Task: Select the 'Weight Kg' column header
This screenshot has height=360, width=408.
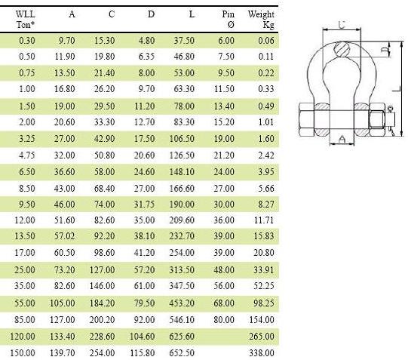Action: [x=261, y=20]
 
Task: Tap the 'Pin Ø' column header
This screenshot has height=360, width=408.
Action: [x=229, y=20]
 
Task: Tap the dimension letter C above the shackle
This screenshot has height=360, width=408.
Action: [x=342, y=25]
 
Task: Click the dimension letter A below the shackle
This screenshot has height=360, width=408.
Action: [x=343, y=138]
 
